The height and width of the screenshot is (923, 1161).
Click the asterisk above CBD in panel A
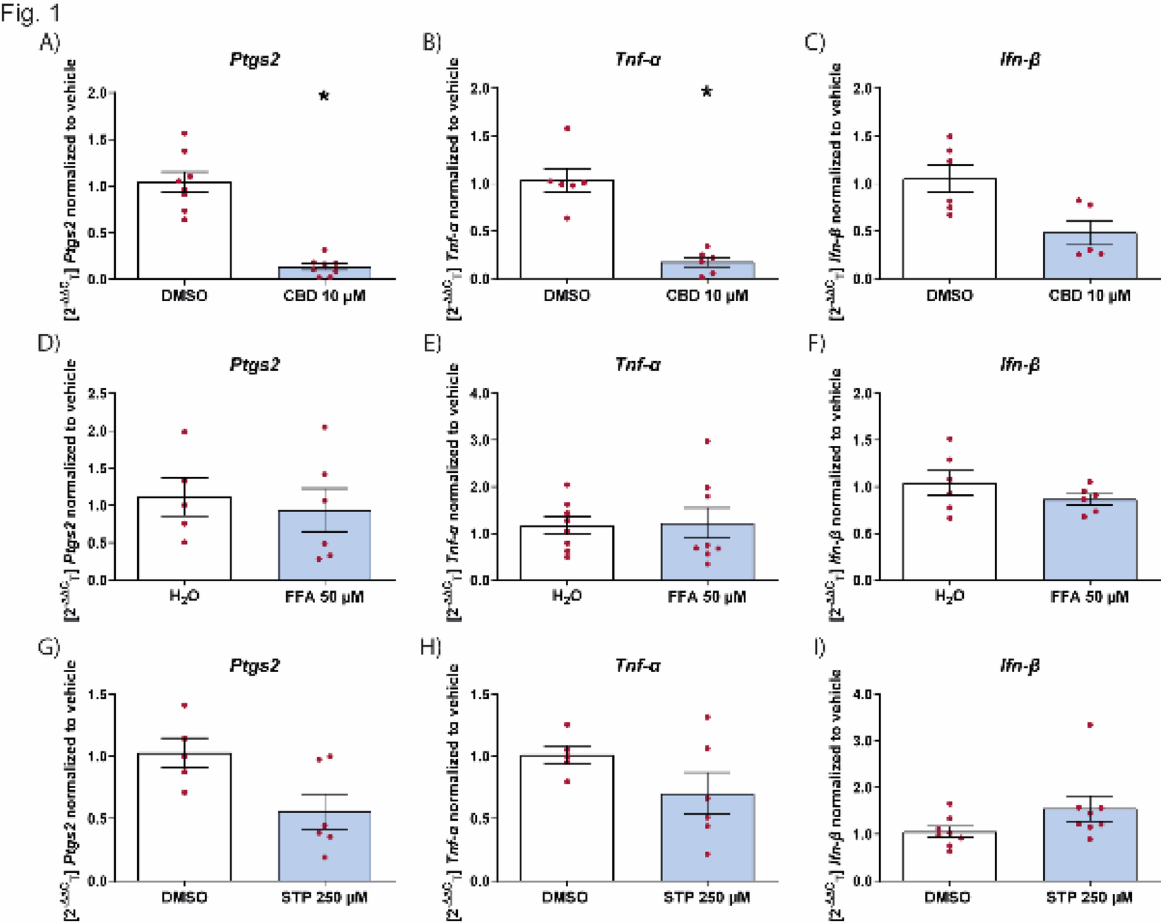coord(324,96)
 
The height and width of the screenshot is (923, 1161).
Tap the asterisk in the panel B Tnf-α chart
coord(707,91)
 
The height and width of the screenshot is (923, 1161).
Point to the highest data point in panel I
coord(1090,725)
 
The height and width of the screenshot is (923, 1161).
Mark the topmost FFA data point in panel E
coord(708,441)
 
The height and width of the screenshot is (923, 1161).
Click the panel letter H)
coord(430,647)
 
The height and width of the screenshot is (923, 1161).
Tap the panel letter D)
coord(48,343)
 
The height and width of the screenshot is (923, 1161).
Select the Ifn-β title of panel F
coord(1020,364)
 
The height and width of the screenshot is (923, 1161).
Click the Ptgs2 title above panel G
coord(254,666)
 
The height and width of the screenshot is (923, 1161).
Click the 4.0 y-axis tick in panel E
coord(481,394)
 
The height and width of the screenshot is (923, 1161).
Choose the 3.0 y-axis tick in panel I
coord(864,741)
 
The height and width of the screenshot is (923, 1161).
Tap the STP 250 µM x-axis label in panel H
coord(707,897)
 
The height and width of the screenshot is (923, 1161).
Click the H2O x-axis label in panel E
coord(566,597)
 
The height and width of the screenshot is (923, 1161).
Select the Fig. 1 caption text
coord(30,13)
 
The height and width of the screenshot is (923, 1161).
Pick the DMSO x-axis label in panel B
coord(566,296)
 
